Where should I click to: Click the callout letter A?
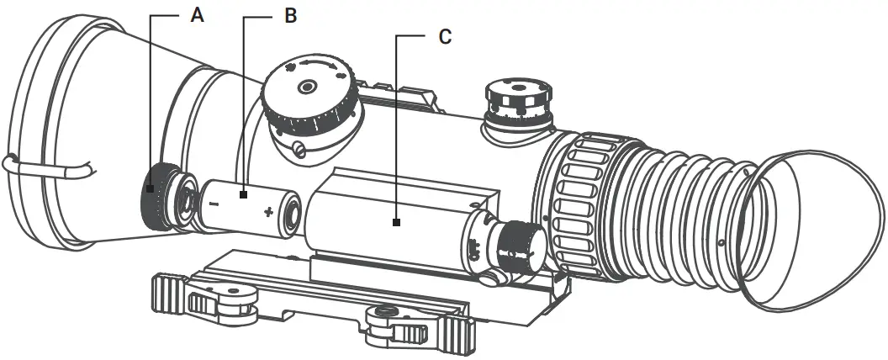pos(197,16)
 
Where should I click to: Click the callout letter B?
pos(289,16)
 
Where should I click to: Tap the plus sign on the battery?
pos(268,211)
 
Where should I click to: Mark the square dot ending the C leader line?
pos(395,223)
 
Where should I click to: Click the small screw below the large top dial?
pos(300,151)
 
